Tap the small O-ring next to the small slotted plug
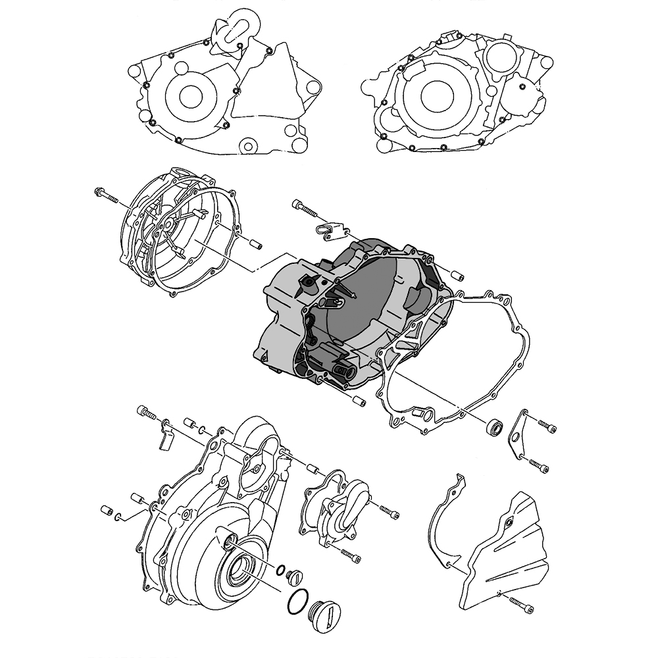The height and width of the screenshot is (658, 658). pyautogui.click(x=281, y=570)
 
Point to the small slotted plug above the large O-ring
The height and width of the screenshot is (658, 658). pyautogui.click(x=294, y=578)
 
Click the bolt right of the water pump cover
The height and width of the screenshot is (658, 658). pyautogui.click(x=389, y=511)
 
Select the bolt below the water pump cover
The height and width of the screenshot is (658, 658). pyautogui.click(x=351, y=555)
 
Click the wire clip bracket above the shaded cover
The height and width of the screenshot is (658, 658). pyautogui.click(x=328, y=230)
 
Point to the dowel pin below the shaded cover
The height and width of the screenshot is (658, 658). pyautogui.click(x=359, y=400)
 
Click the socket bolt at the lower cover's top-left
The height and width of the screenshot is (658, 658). pyautogui.click(x=146, y=413)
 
